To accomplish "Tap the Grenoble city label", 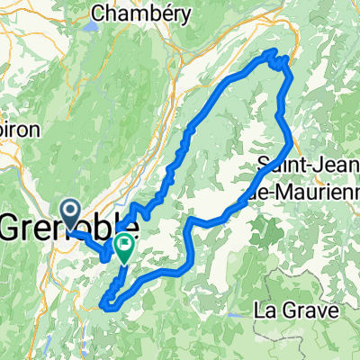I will tap(68, 225).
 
